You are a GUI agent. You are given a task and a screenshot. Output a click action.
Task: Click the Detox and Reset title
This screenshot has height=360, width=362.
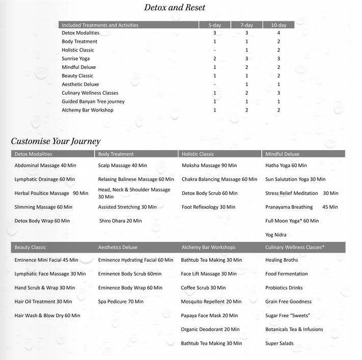pyautogui.click(x=174, y=8)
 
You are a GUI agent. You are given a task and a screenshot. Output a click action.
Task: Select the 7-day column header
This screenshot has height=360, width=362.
pyautogui.click(x=246, y=25)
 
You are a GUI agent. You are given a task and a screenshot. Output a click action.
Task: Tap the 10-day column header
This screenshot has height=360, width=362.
pyautogui.click(x=279, y=25)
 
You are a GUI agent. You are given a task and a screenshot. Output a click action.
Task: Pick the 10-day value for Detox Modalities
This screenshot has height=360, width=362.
pyautogui.click(x=279, y=33)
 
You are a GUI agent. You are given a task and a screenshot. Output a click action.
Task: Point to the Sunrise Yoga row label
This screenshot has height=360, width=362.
pyautogui.click(x=75, y=59)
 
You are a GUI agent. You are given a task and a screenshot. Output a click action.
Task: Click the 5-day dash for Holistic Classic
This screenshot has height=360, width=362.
pyautogui.click(x=215, y=50)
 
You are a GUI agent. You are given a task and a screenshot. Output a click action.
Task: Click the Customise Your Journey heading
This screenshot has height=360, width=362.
pyautogui.click(x=55, y=142)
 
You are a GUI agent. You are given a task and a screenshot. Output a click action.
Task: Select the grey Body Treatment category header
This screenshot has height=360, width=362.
pyautogui.click(x=116, y=154)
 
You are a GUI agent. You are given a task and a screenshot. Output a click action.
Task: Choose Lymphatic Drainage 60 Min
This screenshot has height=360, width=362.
pyautogui.click(x=45, y=179)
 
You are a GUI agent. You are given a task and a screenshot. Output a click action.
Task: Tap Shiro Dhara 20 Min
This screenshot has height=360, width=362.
pyautogui.click(x=121, y=221)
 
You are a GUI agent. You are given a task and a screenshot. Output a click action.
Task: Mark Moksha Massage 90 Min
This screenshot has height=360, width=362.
pyautogui.click(x=209, y=165)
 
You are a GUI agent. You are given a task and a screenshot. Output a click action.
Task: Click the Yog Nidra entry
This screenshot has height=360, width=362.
pyautogui.click(x=276, y=235)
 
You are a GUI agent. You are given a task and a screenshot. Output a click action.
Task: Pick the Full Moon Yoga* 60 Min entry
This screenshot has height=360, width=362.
pyautogui.click(x=292, y=221)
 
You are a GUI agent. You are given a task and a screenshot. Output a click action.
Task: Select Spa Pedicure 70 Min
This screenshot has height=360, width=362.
pyautogui.click(x=121, y=301)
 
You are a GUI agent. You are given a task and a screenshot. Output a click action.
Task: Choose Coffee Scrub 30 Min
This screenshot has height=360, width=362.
pyautogui.click(x=203, y=288)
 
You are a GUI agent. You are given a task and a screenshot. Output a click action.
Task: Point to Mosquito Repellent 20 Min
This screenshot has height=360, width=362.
pyautogui.click(x=211, y=301)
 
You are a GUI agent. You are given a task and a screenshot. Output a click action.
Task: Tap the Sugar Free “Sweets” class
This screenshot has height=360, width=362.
pyautogui.click(x=288, y=316)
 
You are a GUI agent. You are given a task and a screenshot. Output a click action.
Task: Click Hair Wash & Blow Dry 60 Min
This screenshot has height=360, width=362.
pyautogui.click(x=47, y=316)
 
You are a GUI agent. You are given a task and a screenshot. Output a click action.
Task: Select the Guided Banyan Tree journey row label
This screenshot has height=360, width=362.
pyautogui.click(x=93, y=101)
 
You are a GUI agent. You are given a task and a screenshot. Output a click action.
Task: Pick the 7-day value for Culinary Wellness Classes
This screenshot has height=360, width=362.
pyautogui.click(x=246, y=93)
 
